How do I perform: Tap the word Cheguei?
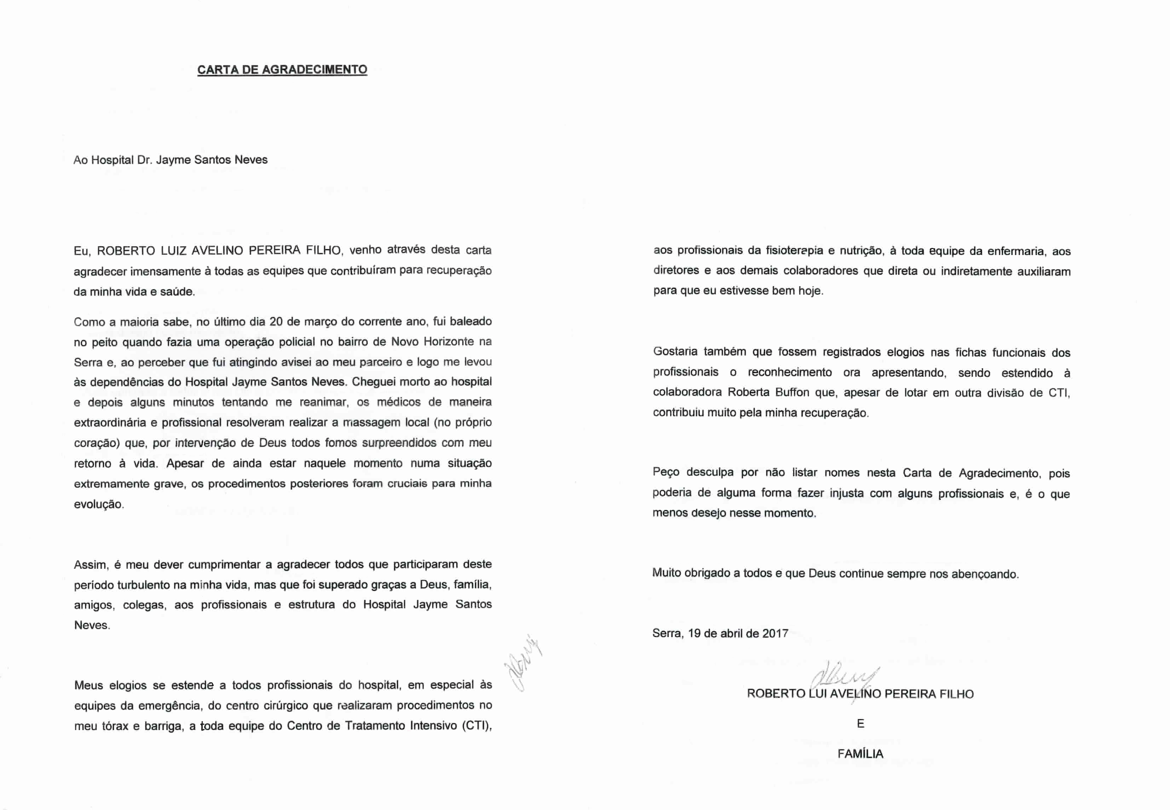pos(372,382)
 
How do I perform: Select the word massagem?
pos(371,423)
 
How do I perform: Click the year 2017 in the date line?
pos(775,634)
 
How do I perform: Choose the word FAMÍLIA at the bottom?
pos(860,754)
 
